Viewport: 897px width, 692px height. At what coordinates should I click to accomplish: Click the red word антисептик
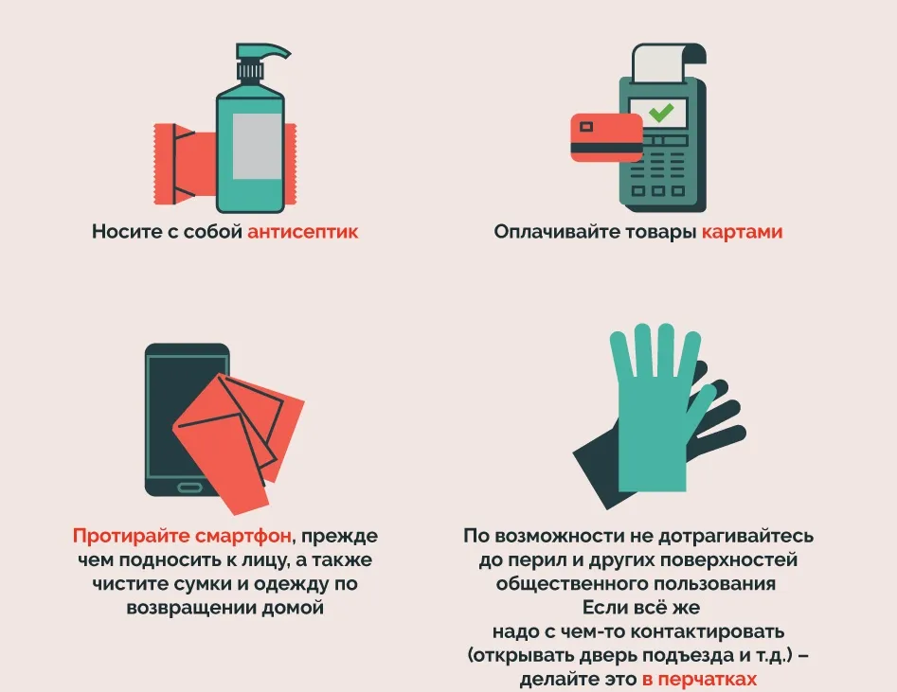coord(302,232)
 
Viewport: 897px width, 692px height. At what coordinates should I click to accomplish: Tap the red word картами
coord(742,232)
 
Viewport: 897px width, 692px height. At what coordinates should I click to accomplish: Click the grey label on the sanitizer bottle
coord(257,147)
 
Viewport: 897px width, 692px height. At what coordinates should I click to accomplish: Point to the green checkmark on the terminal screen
coord(661,112)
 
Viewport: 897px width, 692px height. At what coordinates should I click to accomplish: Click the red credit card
coord(607,137)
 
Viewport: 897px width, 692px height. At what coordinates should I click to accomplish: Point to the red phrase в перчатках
coord(699,679)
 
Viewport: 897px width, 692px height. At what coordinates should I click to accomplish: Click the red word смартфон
coord(243,536)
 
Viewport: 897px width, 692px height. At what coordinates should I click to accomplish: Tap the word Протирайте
coord(132,536)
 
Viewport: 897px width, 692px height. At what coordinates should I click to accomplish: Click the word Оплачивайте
coord(557,232)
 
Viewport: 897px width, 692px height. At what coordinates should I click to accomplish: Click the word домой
coord(293,608)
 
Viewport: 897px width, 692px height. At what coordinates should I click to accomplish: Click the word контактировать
coord(707,631)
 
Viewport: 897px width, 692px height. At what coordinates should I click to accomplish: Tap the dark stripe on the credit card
coord(607,149)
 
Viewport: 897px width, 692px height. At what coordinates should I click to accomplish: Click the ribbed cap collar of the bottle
coord(250,71)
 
